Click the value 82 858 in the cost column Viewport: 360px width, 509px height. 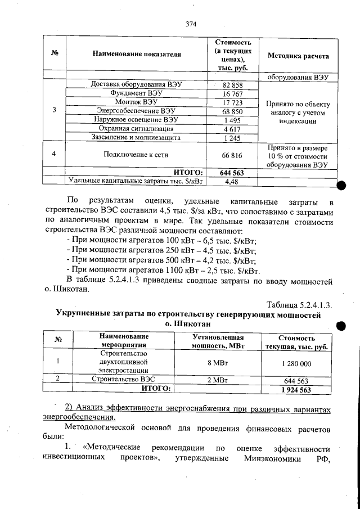[x=232, y=84]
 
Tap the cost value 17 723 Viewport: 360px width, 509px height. [x=232, y=102]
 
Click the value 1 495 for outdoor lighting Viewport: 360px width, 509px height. [x=232, y=120]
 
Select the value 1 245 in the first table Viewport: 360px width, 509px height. [x=232, y=138]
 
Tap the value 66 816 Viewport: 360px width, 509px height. [x=232, y=154]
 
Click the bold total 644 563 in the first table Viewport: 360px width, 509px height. [x=232, y=172]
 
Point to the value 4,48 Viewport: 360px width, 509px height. [x=232, y=181]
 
